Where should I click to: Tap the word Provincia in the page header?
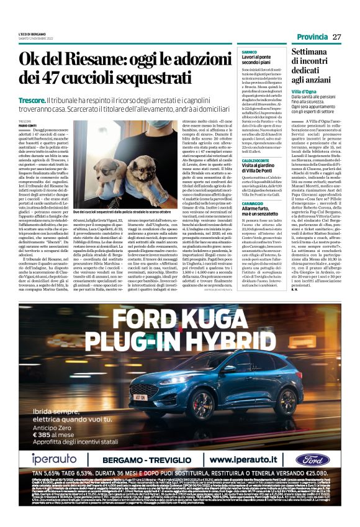(312, 37)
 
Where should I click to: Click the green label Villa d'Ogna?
(305, 91)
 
